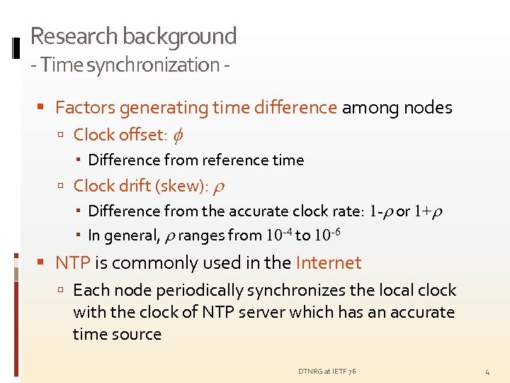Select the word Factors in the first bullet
click(85, 107)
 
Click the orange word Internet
click(328, 262)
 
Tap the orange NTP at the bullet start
click(72, 262)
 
